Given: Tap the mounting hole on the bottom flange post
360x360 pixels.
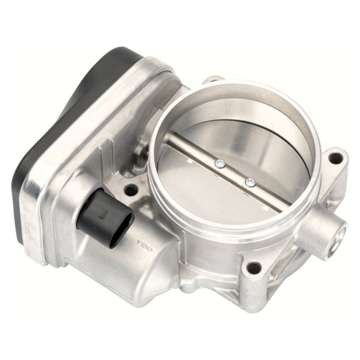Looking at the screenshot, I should click(x=254, y=267).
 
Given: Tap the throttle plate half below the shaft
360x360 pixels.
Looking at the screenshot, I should click(x=220, y=195).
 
